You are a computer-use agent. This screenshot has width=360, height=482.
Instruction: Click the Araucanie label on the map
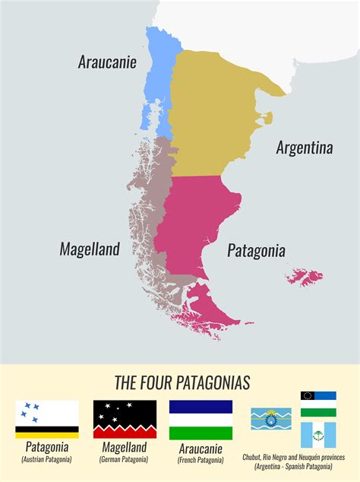tap(107, 62)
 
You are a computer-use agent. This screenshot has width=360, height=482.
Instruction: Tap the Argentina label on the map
tap(304, 147)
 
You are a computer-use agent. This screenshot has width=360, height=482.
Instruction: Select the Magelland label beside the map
tap(90, 249)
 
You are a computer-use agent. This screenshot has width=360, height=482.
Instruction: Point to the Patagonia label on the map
tap(256, 250)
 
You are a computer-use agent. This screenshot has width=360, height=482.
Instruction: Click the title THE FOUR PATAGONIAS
tap(182, 382)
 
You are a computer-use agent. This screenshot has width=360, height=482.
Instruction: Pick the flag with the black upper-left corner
tap(318, 396)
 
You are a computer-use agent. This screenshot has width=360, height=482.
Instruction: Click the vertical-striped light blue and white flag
tap(318, 435)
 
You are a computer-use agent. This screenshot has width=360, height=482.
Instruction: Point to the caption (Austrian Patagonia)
tap(47, 460)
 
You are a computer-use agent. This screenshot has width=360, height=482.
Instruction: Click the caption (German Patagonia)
tap(123, 460)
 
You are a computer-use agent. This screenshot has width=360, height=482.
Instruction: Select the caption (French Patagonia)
tap(201, 460)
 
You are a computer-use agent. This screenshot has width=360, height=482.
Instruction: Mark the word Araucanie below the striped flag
tap(201, 448)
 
